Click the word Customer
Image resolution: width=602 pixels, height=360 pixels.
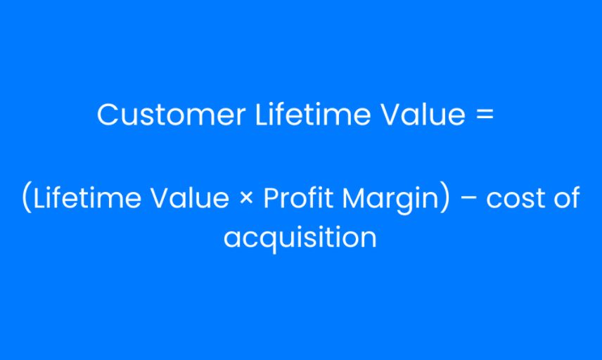(171, 115)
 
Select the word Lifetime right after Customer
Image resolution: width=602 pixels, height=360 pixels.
(313, 114)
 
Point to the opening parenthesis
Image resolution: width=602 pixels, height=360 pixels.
(27, 197)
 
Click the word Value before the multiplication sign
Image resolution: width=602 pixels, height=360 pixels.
(190, 198)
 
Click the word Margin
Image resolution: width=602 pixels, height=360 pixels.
(390, 200)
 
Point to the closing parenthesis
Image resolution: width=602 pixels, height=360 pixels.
(444, 197)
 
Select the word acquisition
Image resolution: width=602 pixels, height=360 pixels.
(300, 238)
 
